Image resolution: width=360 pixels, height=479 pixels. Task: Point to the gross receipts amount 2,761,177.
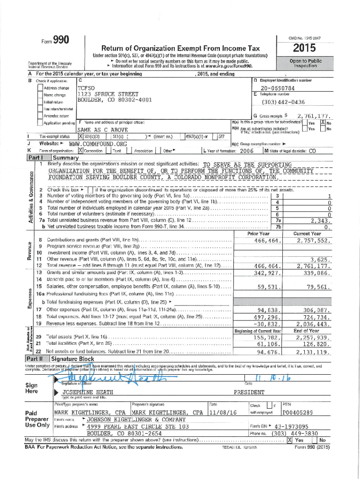pyautogui.click(x=314, y=116)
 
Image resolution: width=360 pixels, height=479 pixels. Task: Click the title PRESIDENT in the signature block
pyautogui.click(x=249, y=392)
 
